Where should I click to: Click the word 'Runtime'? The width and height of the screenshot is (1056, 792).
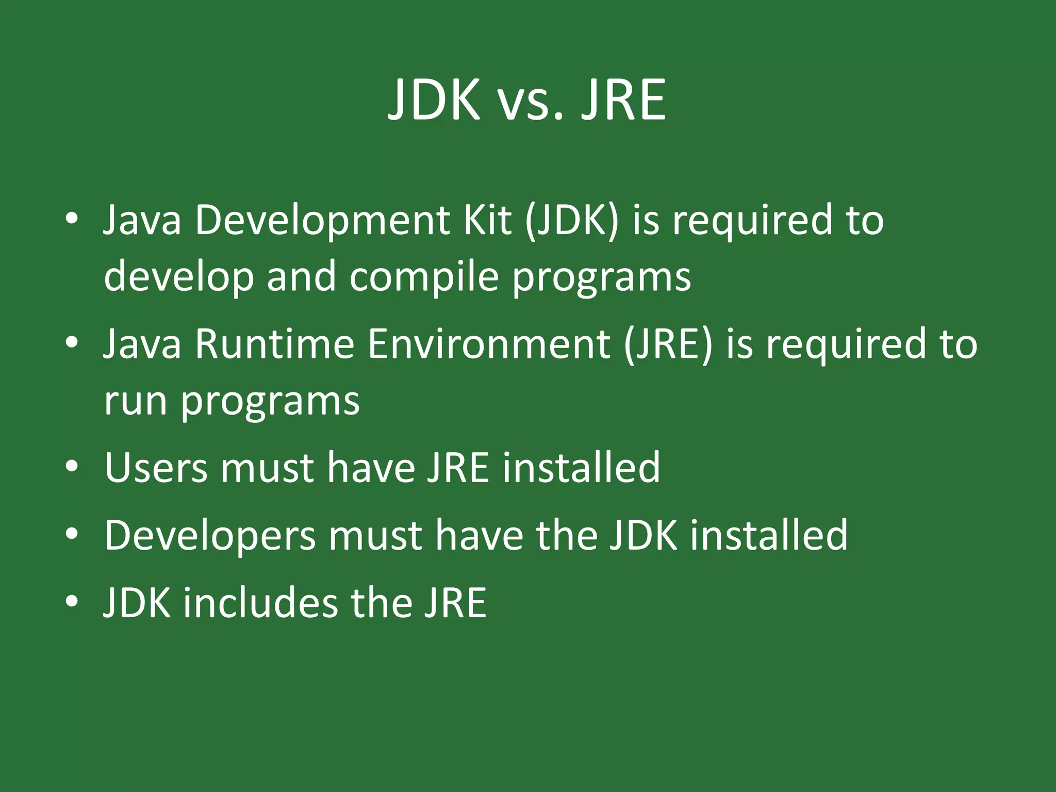point(274,344)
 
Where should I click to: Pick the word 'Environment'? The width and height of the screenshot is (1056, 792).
point(489,344)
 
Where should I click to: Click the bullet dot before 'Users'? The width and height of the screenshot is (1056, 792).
point(72,467)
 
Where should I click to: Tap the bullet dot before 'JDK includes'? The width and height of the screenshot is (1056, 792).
point(72,601)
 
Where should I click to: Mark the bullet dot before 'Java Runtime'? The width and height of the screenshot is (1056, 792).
point(72,342)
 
